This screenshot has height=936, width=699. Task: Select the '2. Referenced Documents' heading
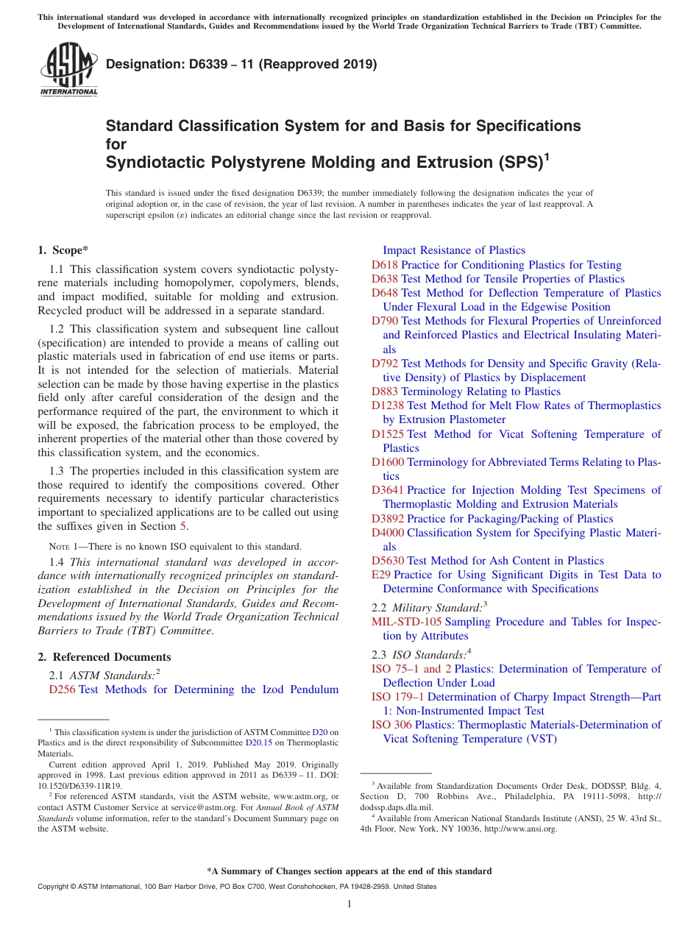coord(104,657)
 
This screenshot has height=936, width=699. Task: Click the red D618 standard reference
coord(384,265)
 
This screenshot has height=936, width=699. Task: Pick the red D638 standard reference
coord(385,279)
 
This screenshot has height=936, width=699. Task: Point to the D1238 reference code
coord(388,405)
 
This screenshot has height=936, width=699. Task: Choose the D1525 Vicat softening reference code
coord(388,434)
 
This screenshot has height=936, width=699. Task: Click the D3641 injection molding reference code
coord(388,490)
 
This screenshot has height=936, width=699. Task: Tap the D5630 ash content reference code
coord(388,561)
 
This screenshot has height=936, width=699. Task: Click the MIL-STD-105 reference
coord(407,622)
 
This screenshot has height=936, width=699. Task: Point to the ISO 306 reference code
coord(391,725)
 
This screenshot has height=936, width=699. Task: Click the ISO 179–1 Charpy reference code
coord(398,697)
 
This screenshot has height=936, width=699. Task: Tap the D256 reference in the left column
coord(62,689)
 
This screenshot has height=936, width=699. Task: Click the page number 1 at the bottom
coord(349,904)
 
